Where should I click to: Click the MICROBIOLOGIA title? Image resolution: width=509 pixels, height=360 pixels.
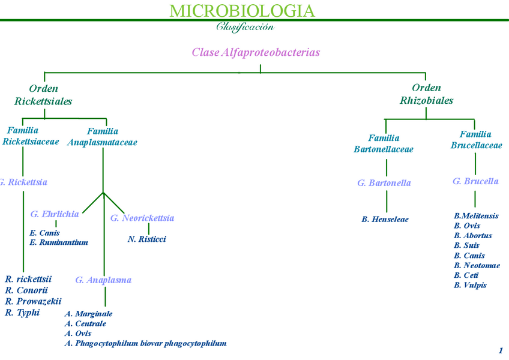(242, 11)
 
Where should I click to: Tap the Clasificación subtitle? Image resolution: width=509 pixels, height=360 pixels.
(245, 27)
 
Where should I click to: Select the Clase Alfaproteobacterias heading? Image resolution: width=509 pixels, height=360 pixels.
(256, 52)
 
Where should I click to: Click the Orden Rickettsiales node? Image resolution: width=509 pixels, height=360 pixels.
(43, 95)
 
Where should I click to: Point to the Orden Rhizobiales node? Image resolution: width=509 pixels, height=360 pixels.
(426, 94)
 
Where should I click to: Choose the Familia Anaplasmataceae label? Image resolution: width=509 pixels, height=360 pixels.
(103, 137)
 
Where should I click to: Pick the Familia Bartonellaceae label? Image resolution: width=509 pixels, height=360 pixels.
(384, 143)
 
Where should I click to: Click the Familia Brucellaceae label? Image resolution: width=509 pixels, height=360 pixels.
(476, 140)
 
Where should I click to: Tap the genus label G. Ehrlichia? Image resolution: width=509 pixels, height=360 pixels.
(55, 214)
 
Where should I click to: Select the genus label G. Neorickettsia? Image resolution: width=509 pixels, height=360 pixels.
(142, 218)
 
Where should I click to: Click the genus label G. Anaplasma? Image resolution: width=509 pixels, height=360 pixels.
(103, 280)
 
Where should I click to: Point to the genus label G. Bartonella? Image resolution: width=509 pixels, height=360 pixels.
(384, 183)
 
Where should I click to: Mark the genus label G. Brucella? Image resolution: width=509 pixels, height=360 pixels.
(475, 181)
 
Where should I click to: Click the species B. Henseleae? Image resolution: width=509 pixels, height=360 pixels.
(385, 220)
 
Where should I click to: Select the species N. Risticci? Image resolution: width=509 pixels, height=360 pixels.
(147, 239)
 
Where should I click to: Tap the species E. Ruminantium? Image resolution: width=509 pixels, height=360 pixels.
(59, 242)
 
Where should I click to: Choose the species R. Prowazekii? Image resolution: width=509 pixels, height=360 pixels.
(33, 301)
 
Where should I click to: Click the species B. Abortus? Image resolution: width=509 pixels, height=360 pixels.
(473, 236)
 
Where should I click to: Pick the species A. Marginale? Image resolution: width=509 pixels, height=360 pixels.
(88, 314)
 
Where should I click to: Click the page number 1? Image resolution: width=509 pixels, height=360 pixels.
(501, 351)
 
